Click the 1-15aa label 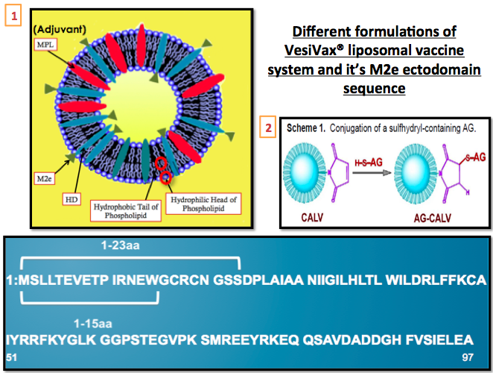[92, 323]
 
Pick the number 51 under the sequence [11, 357]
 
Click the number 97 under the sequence [468, 357]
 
